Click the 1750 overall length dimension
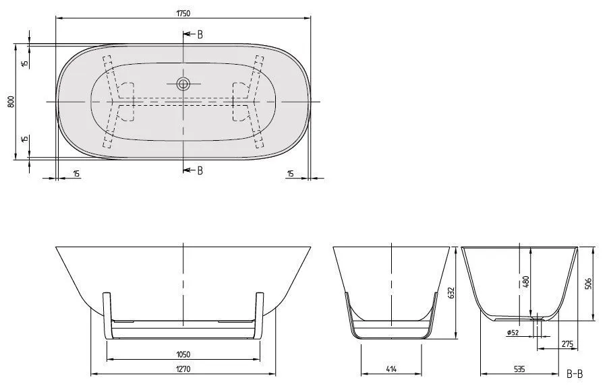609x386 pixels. [x=183, y=10]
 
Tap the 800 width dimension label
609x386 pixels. [x=10, y=102]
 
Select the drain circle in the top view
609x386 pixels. [x=183, y=84]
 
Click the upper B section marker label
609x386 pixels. [x=200, y=34]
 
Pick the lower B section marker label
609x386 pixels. [x=200, y=170]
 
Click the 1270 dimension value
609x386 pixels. [x=182, y=369]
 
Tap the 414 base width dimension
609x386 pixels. [x=390, y=369]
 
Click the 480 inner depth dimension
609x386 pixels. [x=526, y=282]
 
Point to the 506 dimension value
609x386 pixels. [x=587, y=284]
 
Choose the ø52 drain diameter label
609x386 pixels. [x=514, y=331]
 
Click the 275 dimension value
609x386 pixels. [x=567, y=344]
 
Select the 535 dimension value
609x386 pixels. [x=520, y=369]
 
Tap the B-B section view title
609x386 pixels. [x=575, y=373]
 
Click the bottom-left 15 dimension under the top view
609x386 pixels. [x=76, y=174]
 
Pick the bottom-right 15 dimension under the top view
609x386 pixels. [x=290, y=174]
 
